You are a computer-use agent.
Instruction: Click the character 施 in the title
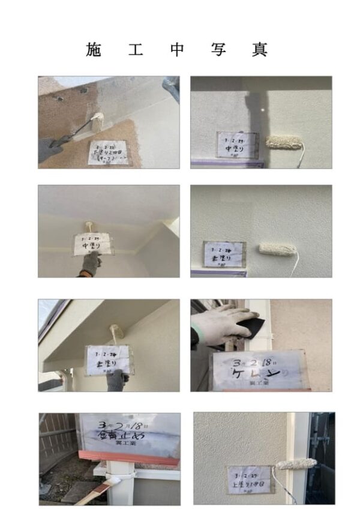[94, 50]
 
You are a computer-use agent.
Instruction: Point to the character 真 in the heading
[260, 50]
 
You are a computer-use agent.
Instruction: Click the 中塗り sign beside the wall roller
[236, 145]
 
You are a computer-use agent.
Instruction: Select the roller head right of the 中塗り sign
[286, 142]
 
